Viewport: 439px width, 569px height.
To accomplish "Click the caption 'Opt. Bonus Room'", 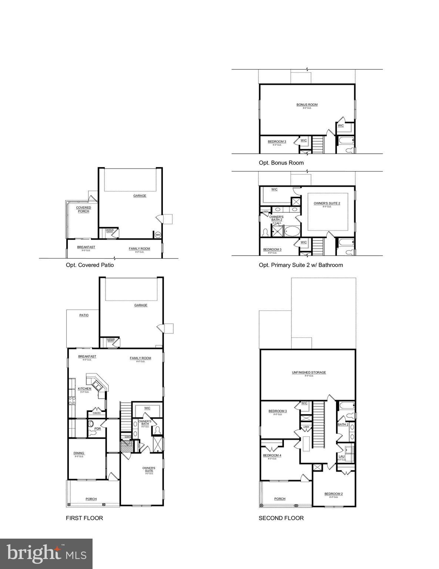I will pyautogui.click(x=281, y=163).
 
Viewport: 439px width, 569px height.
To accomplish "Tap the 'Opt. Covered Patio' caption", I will pyautogui.click(x=90, y=265).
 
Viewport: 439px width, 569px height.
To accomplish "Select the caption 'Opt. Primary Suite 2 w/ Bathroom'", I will pyautogui.click(x=301, y=265).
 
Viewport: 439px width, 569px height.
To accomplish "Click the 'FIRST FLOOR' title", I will pyautogui.click(x=84, y=518).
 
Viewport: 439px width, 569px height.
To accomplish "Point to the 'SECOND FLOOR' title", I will pyautogui.click(x=281, y=518).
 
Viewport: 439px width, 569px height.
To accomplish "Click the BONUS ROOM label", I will pyautogui.click(x=307, y=105).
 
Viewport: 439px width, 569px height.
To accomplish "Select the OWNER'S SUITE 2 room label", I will pyautogui.click(x=326, y=203).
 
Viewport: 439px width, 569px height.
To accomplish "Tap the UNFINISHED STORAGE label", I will pyautogui.click(x=309, y=372).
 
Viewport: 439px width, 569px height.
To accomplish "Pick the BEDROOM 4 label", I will pyautogui.click(x=272, y=455).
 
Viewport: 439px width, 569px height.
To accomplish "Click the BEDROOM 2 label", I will pyautogui.click(x=334, y=494).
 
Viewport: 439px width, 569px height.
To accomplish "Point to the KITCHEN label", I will pyautogui.click(x=84, y=389).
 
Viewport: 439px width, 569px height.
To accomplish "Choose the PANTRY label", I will pyautogui.click(x=97, y=413).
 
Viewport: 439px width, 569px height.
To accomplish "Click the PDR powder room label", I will pyautogui.click(x=97, y=429).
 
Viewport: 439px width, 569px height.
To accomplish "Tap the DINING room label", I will pyautogui.click(x=79, y=453).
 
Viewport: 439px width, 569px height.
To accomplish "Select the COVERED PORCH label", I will pyautogui.click(x=84, y=209).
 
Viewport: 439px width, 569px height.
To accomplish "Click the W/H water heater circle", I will pyautogui.click(x=158, y=234).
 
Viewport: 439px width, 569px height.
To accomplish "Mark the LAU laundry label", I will pyautogui.click(x=341, y=456).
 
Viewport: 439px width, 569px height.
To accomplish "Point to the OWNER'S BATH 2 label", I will pyautogui.click(x=276, y=218).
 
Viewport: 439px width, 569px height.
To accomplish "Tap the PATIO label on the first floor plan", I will pyautogui.click(x=84, y=315).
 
